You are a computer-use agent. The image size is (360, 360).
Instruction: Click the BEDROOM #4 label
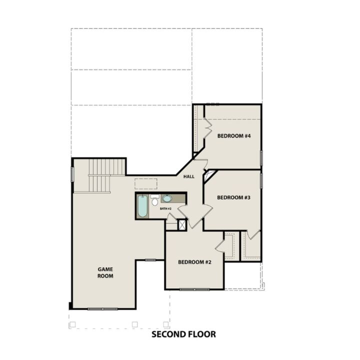pos(233,135)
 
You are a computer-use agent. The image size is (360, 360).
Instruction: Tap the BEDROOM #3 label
pos(233,197)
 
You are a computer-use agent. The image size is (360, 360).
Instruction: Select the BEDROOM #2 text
pos(194,262)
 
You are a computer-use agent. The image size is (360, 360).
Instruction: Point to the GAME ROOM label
pos(105,272)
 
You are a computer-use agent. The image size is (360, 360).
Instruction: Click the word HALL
pos(189,176)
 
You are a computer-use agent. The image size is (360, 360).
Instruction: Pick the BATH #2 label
pos(166,208)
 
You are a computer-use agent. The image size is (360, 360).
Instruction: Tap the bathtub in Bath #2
pos(142,206)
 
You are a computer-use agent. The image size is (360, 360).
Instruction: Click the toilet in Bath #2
pos(154,201)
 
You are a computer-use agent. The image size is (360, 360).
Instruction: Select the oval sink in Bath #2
pos(167,198)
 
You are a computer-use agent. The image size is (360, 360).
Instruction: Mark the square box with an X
pos(182,225)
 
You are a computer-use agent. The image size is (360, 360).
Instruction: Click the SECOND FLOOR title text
pos(183,334)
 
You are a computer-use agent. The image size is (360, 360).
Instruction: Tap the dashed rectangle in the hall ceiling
pos(146,183)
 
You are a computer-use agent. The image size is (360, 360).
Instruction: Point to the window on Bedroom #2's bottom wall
pos(194,289)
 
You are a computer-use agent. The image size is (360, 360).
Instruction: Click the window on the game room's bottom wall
pos(102,309)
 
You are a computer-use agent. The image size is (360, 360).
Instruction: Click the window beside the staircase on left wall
pos(72,174)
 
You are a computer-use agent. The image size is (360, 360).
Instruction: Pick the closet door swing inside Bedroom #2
pos(220,245)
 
